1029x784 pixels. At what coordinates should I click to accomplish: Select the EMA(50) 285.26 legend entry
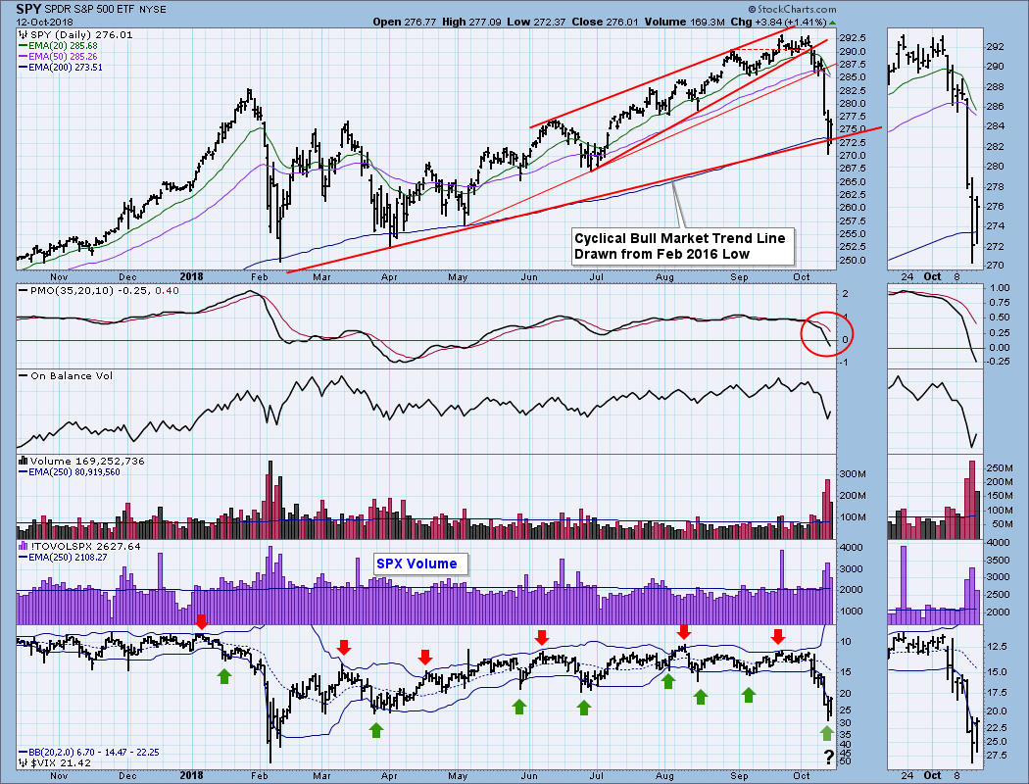[65, 55]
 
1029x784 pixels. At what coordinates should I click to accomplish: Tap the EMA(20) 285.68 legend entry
[65, 44]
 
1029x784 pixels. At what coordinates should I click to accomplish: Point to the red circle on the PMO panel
[826, 334]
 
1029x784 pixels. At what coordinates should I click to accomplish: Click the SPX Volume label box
[421, 563]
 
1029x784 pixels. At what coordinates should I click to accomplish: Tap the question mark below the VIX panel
[828, 757]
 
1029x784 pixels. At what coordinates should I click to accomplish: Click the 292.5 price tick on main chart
[851, 37]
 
